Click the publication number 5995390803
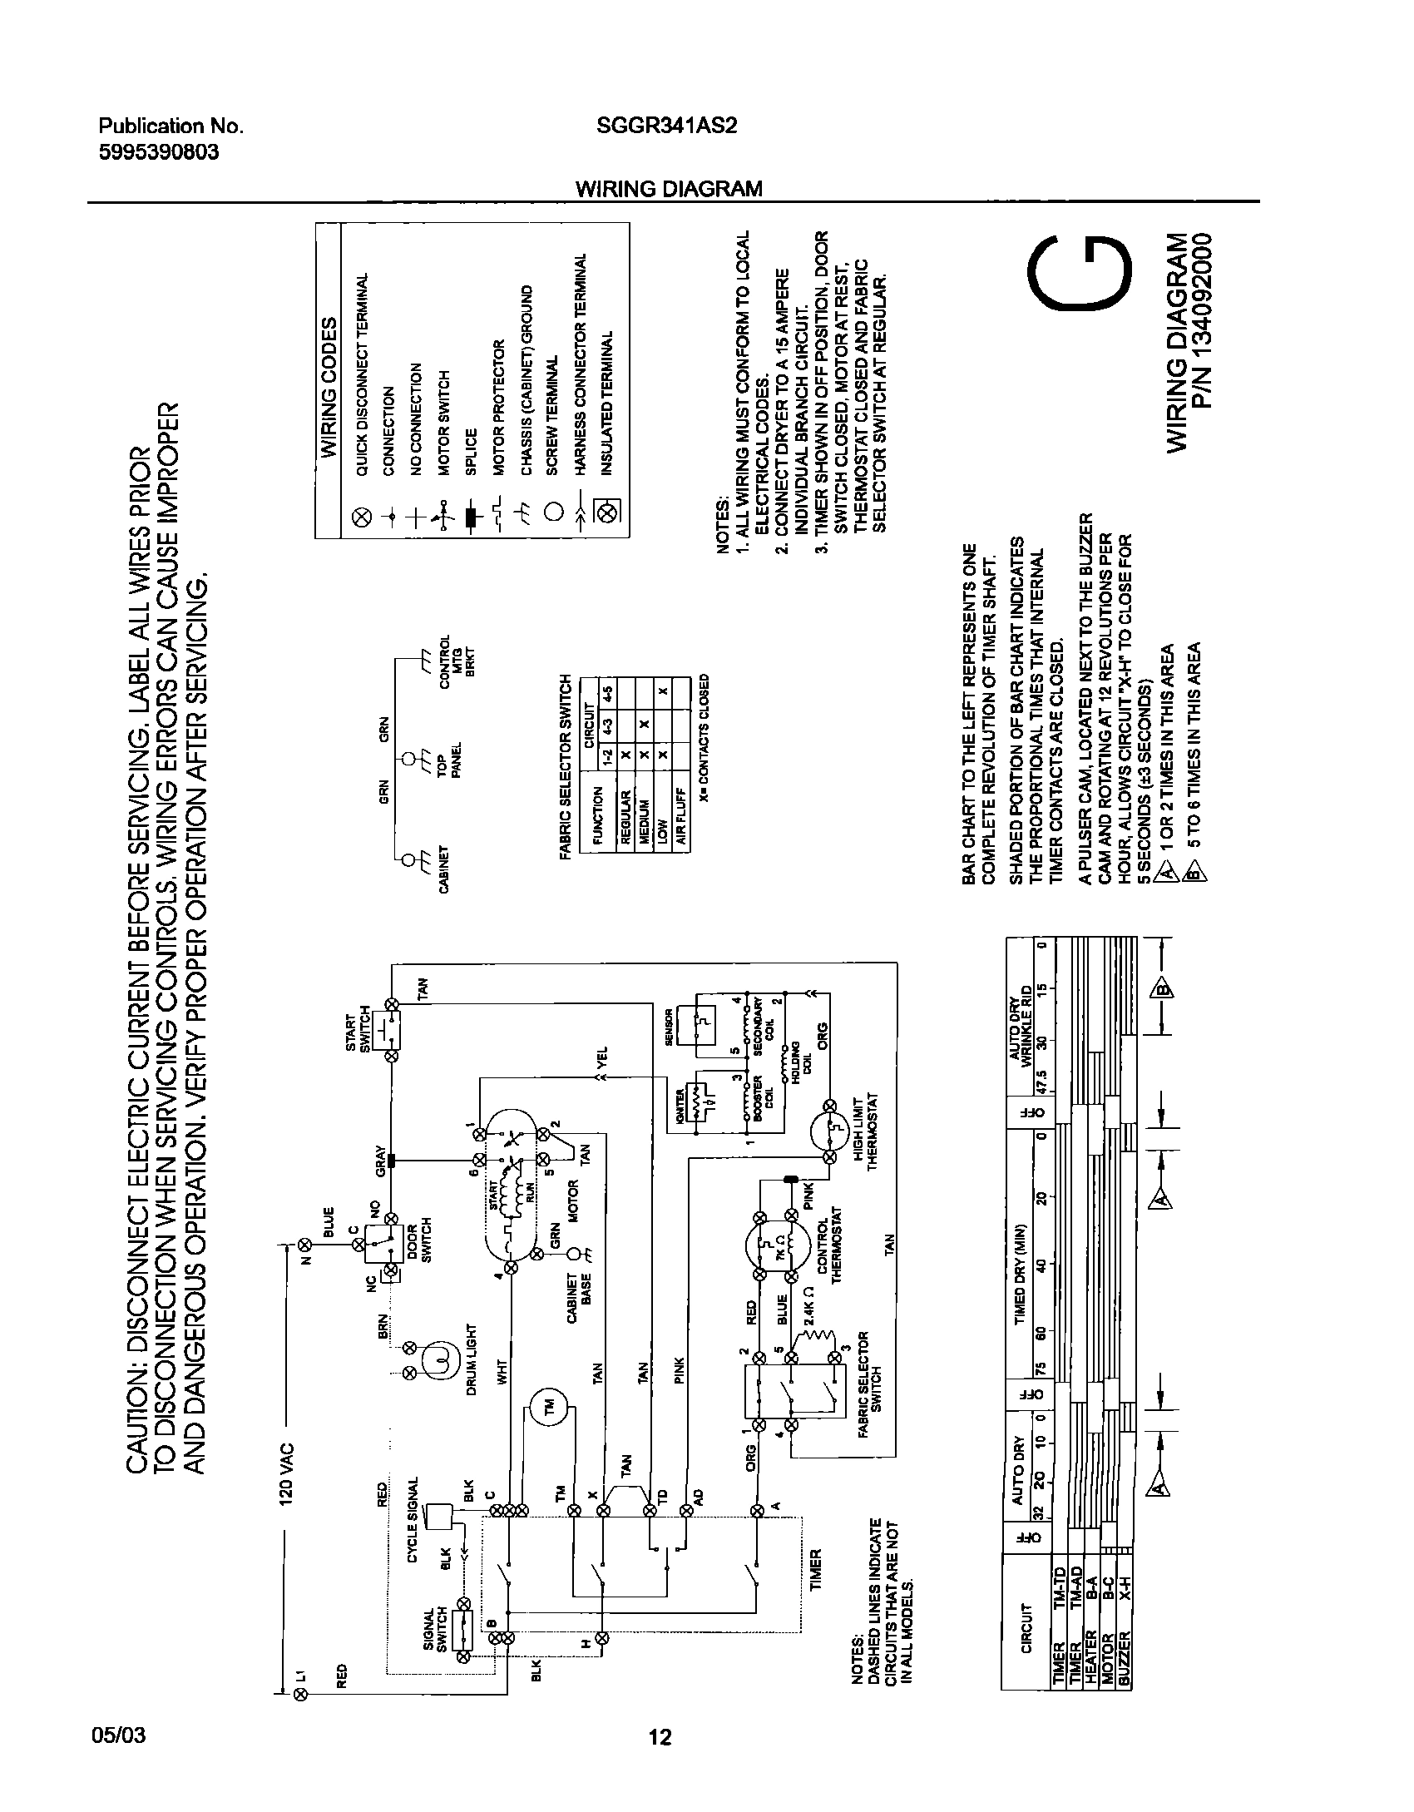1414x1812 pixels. [159, 153]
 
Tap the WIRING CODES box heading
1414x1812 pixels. [329, 387]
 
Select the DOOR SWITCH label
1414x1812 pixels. [419, 1243]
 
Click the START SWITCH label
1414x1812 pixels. [357, 1029]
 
